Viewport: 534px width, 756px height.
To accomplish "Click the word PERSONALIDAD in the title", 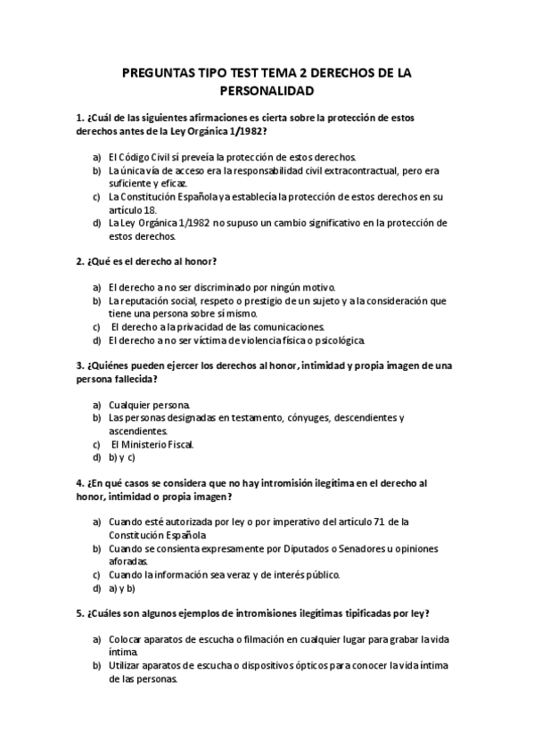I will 267,91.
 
